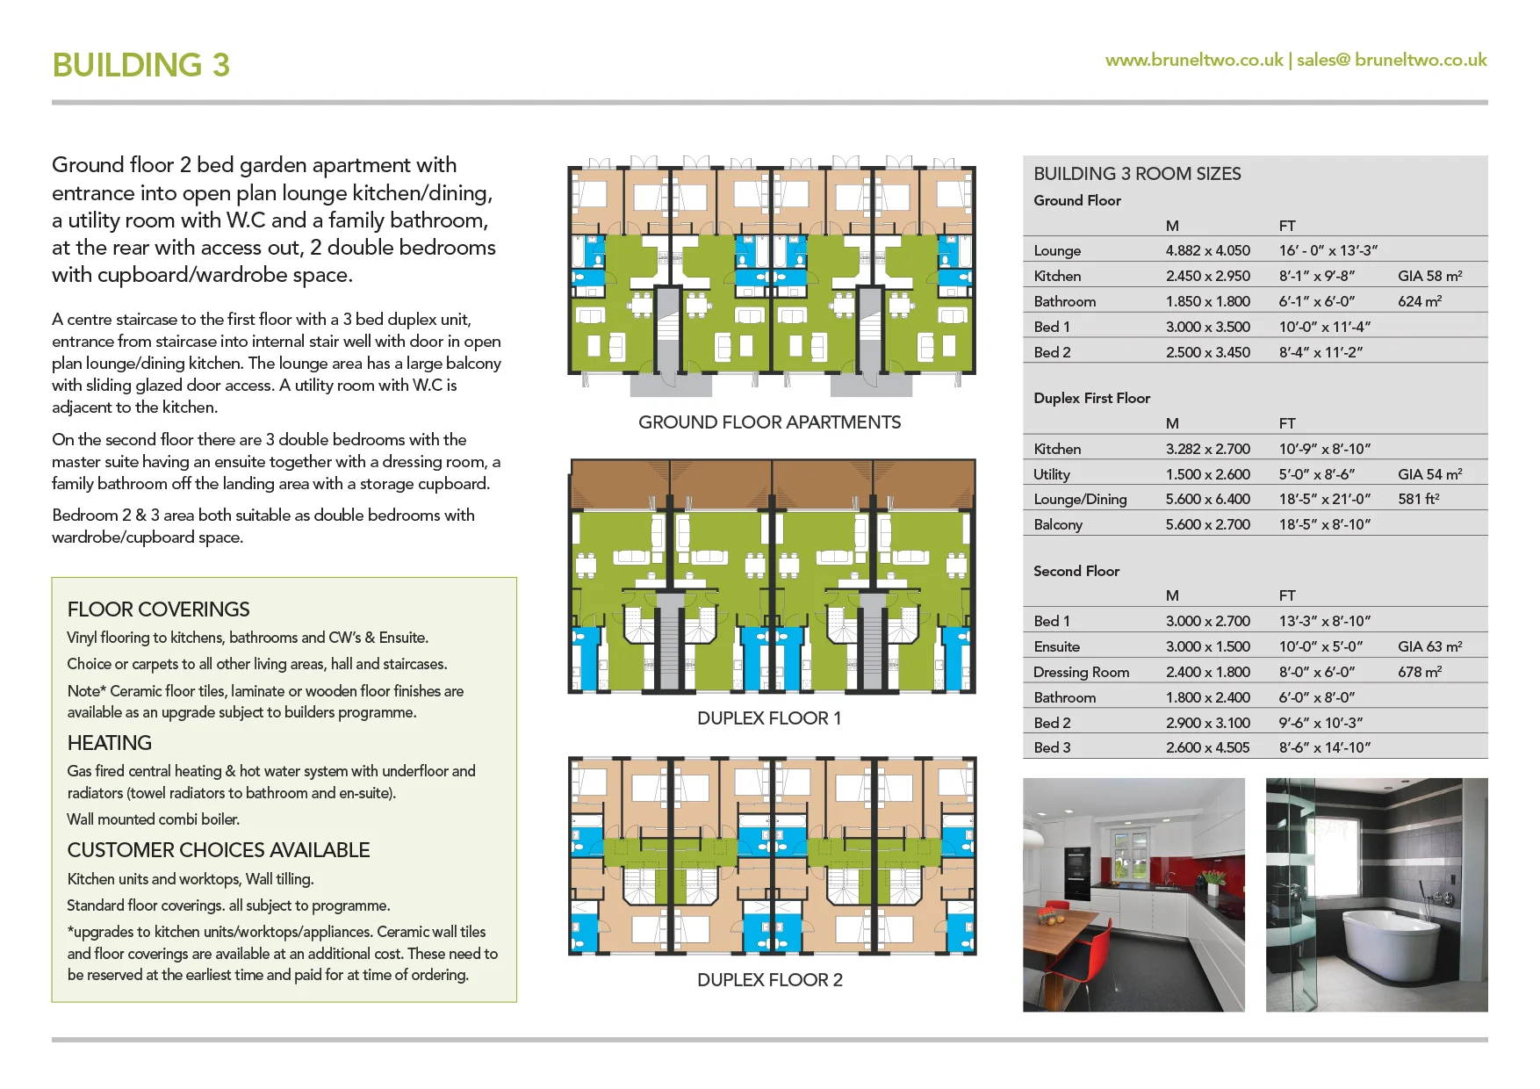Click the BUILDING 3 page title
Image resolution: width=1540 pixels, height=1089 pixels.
[140, 65]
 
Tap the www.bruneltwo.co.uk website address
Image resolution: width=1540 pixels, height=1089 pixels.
[1193, 60]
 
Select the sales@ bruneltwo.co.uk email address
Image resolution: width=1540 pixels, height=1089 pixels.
[1392, 60]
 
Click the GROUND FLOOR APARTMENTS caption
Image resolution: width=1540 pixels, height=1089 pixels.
[769, 422]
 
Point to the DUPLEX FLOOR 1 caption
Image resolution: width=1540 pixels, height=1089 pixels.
[769, 718]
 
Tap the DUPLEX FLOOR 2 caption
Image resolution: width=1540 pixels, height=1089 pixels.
[769, 980]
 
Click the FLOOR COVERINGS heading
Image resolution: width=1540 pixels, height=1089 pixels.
[158, 609]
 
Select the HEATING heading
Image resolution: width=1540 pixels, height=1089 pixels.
[109, 743]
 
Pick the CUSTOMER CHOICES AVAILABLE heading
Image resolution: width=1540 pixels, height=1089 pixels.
[219, 850]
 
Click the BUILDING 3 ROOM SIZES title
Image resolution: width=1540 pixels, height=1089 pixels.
[1137, 174]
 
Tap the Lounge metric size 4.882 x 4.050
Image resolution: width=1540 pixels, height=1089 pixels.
[1207, 250]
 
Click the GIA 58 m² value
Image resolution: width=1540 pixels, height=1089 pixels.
[1429, 276]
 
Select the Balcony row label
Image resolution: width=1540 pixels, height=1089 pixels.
[1058, 524]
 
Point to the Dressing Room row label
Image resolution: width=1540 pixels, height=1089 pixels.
[1081, 672]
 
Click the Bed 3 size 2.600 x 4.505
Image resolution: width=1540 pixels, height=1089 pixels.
[1207, 747]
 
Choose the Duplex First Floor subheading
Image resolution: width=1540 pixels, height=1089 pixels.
[1091, 398]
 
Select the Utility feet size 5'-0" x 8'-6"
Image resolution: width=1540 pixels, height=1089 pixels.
[1316, 474]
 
